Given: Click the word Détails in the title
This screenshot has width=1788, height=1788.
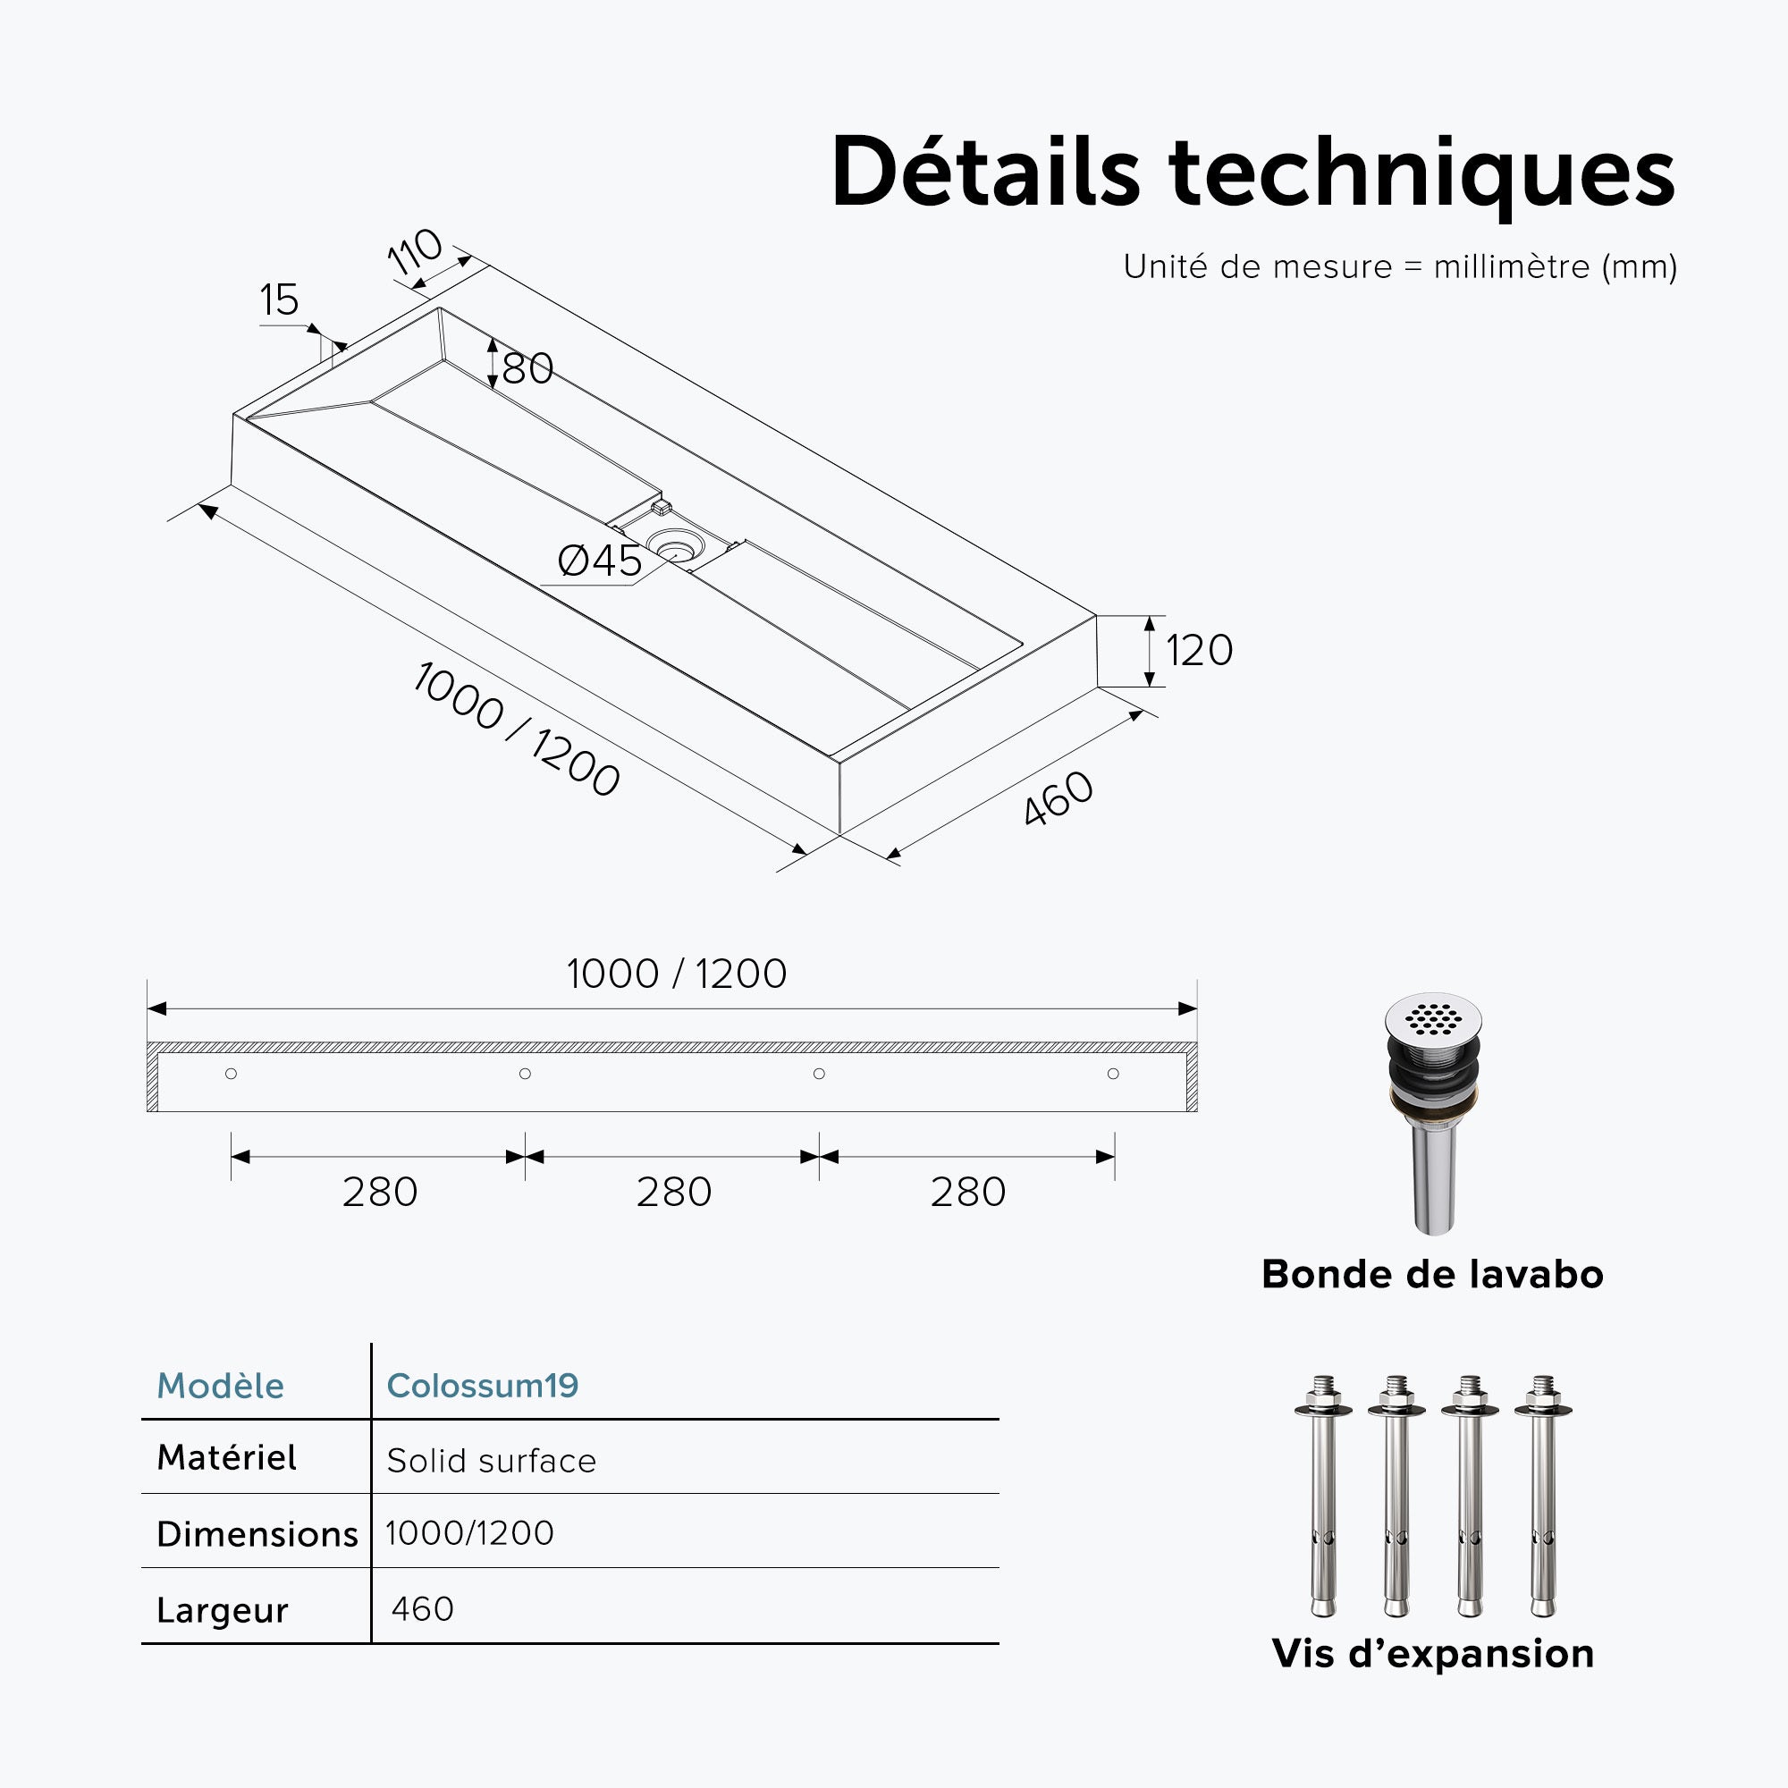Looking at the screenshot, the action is [x=985, y=173].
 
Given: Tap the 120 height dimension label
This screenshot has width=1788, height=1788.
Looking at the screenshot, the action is [x=1200, y=651].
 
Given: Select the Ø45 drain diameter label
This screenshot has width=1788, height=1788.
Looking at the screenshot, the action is [x=600, y=561].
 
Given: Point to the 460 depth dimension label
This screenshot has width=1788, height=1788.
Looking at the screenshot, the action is [x=1058, y=797].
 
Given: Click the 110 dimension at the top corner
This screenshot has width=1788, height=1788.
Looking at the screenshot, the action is [x=415, y=251].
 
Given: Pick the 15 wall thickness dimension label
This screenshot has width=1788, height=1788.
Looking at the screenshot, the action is [x=279, y=299].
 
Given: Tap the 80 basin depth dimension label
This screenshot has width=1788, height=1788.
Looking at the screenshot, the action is [x=527, y=368].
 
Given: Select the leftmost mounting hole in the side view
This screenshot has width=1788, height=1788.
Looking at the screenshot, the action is [x=232, y=1074].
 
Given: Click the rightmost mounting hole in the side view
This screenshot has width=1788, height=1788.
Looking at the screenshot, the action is [x=1113, y=1074].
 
